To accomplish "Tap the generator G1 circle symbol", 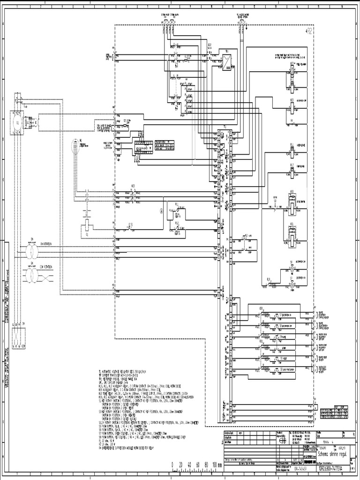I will point(17,124).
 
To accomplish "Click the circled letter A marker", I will point(162,211).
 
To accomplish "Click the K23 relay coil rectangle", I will point(292,104).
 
